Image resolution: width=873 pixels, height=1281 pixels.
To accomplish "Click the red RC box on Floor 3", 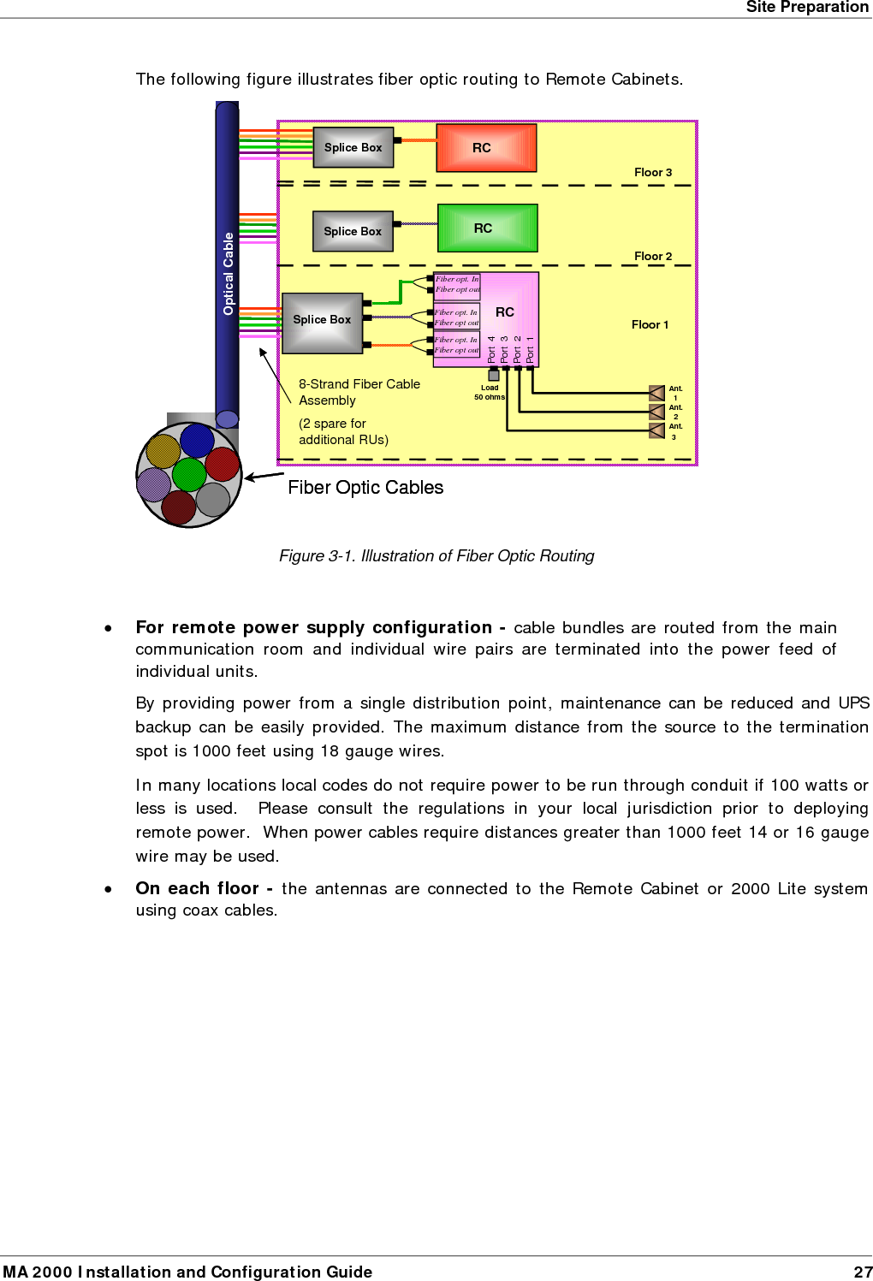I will point(486,148).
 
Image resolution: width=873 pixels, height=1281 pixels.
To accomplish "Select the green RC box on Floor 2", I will point(487,228).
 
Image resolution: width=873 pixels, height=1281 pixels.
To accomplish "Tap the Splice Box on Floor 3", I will point(353,147).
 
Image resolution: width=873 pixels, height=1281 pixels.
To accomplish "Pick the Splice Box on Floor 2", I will point(353,231).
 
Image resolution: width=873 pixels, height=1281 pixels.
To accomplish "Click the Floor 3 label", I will point(653,173).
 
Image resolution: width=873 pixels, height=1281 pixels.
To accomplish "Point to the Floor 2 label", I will point(653,257).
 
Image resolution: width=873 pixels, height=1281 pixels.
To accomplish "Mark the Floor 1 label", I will point(650,325).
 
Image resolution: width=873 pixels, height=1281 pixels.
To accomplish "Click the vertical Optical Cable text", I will point(228,274).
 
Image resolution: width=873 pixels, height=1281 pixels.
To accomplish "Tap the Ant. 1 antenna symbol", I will point(657,393).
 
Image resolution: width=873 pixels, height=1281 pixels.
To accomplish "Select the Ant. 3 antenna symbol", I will point(657,430).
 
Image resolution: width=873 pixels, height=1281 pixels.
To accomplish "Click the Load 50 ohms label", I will point(490,393).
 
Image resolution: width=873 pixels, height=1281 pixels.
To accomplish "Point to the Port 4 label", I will point(491,349).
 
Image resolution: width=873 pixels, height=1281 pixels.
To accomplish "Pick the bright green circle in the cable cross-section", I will point(189,474).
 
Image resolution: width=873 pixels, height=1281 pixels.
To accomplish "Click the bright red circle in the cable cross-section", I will point(223,465).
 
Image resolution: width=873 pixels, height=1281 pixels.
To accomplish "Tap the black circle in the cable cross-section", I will point(197,441).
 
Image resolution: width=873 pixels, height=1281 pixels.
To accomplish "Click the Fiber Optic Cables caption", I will point(365,488).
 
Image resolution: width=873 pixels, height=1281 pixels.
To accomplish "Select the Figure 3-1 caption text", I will point(436,556).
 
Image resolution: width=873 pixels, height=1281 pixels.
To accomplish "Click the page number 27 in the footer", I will point(863,1272).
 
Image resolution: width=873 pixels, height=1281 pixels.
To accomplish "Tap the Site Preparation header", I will point(807,8).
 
